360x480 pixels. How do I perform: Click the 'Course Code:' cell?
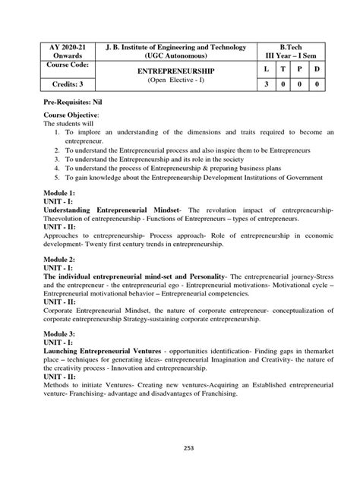[44, 66]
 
